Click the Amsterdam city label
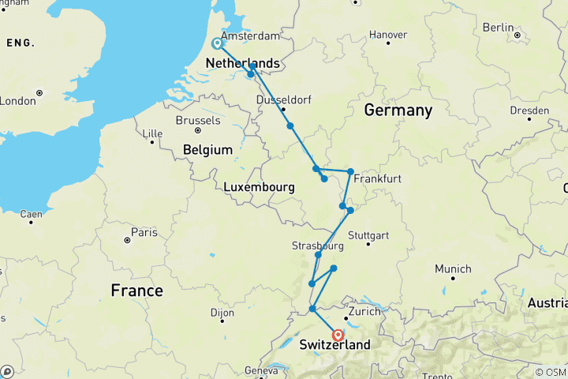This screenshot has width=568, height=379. [x=251, y=36]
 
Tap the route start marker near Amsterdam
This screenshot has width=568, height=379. [x=217, y=43]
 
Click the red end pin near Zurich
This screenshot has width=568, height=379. [x=338, y=335]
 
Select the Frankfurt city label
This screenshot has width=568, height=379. [x=377, y=179]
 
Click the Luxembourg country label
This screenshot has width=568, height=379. [x=260, y=187]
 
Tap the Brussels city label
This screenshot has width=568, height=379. [x=198, y=121]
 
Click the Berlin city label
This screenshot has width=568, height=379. [x=498, y=27]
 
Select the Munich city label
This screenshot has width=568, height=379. [x=454, y=268]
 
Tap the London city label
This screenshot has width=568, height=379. [x=17, y=101]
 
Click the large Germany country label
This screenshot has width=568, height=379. [x=398, y=111]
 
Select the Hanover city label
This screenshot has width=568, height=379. [x=387, y=35]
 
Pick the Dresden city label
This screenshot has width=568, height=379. [x=527, y=110]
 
